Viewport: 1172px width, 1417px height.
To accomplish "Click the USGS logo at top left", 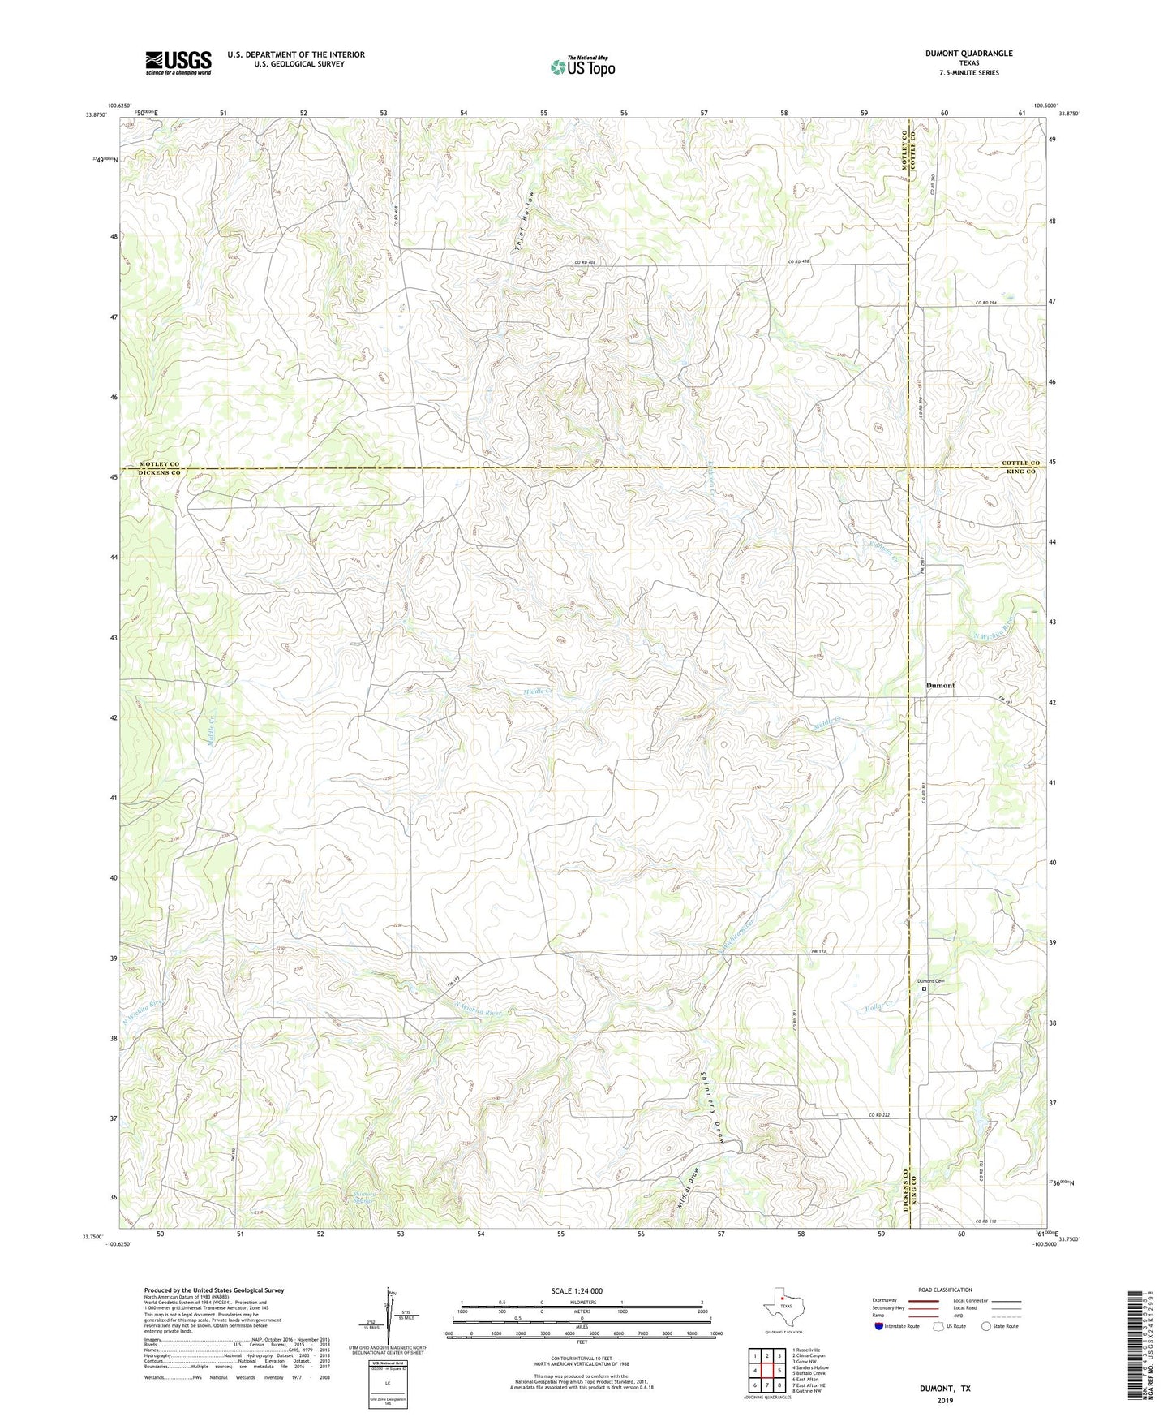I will [x=178, y=62].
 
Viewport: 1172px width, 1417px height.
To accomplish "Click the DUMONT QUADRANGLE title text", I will [x=968, y=54].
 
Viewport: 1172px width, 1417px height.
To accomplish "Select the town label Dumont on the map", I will [x=941, y=686].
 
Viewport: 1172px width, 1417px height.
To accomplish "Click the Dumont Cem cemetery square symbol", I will [x=924, y=988].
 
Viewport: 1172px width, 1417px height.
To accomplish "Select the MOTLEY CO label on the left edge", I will [x=152, y=463].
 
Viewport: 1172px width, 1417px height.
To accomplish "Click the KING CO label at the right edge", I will [x=1021, y=472].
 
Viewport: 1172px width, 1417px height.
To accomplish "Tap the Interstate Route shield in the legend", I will [x=879, y=1326].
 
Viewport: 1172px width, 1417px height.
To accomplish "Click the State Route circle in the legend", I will [x=985, y=1326].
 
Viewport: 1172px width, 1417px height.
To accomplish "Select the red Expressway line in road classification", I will [x=925, y=1300].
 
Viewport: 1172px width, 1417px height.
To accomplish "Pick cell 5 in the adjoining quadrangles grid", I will [x=779, y=1370].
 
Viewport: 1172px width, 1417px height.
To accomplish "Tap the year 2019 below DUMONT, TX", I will [x=944, y=1400].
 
